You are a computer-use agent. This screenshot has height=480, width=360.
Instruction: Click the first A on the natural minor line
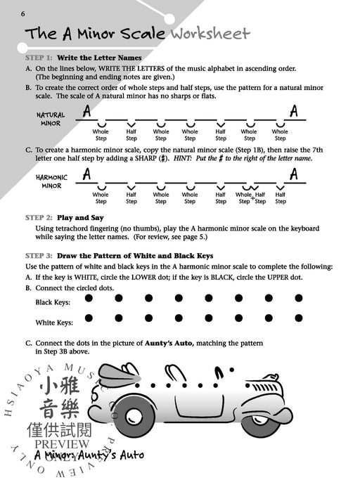86,111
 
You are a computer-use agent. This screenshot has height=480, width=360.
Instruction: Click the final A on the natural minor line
293,111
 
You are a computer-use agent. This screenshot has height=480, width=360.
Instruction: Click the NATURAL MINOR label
51,119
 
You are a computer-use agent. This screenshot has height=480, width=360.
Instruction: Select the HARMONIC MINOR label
51,182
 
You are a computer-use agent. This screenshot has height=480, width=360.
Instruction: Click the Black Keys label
52,301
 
